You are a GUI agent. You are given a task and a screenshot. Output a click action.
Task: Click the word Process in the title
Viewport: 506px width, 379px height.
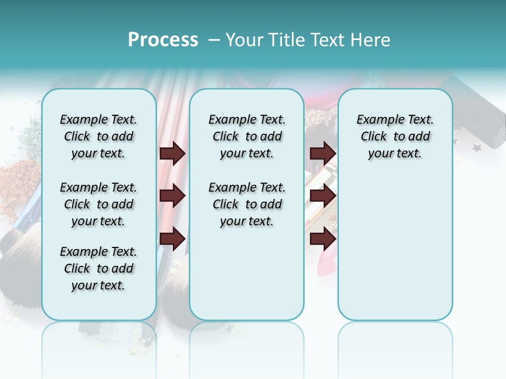tap(163, 40)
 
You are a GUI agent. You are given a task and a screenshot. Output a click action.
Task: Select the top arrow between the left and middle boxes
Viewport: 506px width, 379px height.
tap(172, 153)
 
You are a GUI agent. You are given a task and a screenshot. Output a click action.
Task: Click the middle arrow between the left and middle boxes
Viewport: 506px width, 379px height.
tap(172, 196)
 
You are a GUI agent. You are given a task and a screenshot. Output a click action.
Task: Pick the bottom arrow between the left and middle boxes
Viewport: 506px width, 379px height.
tap(172, 238)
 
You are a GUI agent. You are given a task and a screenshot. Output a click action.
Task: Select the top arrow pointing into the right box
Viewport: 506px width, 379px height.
tap(323, 153)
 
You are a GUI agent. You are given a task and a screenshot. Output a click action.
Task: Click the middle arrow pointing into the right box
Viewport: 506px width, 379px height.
tap(323, 196)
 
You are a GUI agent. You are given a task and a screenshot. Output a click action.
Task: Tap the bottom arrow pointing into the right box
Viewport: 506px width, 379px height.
tap(323, 238)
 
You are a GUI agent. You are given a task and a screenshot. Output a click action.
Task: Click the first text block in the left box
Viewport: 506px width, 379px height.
tap(99, 136)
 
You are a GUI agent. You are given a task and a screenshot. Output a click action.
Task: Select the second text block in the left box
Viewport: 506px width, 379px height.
tap(99, 204)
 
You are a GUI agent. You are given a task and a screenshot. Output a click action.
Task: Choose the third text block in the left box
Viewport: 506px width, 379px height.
tap(99, 268)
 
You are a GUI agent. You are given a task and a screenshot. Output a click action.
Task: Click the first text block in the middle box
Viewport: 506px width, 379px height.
tap(247, 136)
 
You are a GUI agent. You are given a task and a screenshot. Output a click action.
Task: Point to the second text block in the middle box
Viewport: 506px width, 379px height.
tap(247, 204)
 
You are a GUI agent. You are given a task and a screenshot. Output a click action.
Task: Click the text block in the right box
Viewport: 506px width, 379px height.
tap(395, 136)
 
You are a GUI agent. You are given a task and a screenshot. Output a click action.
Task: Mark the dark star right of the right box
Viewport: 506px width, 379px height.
tap(477, 148)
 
